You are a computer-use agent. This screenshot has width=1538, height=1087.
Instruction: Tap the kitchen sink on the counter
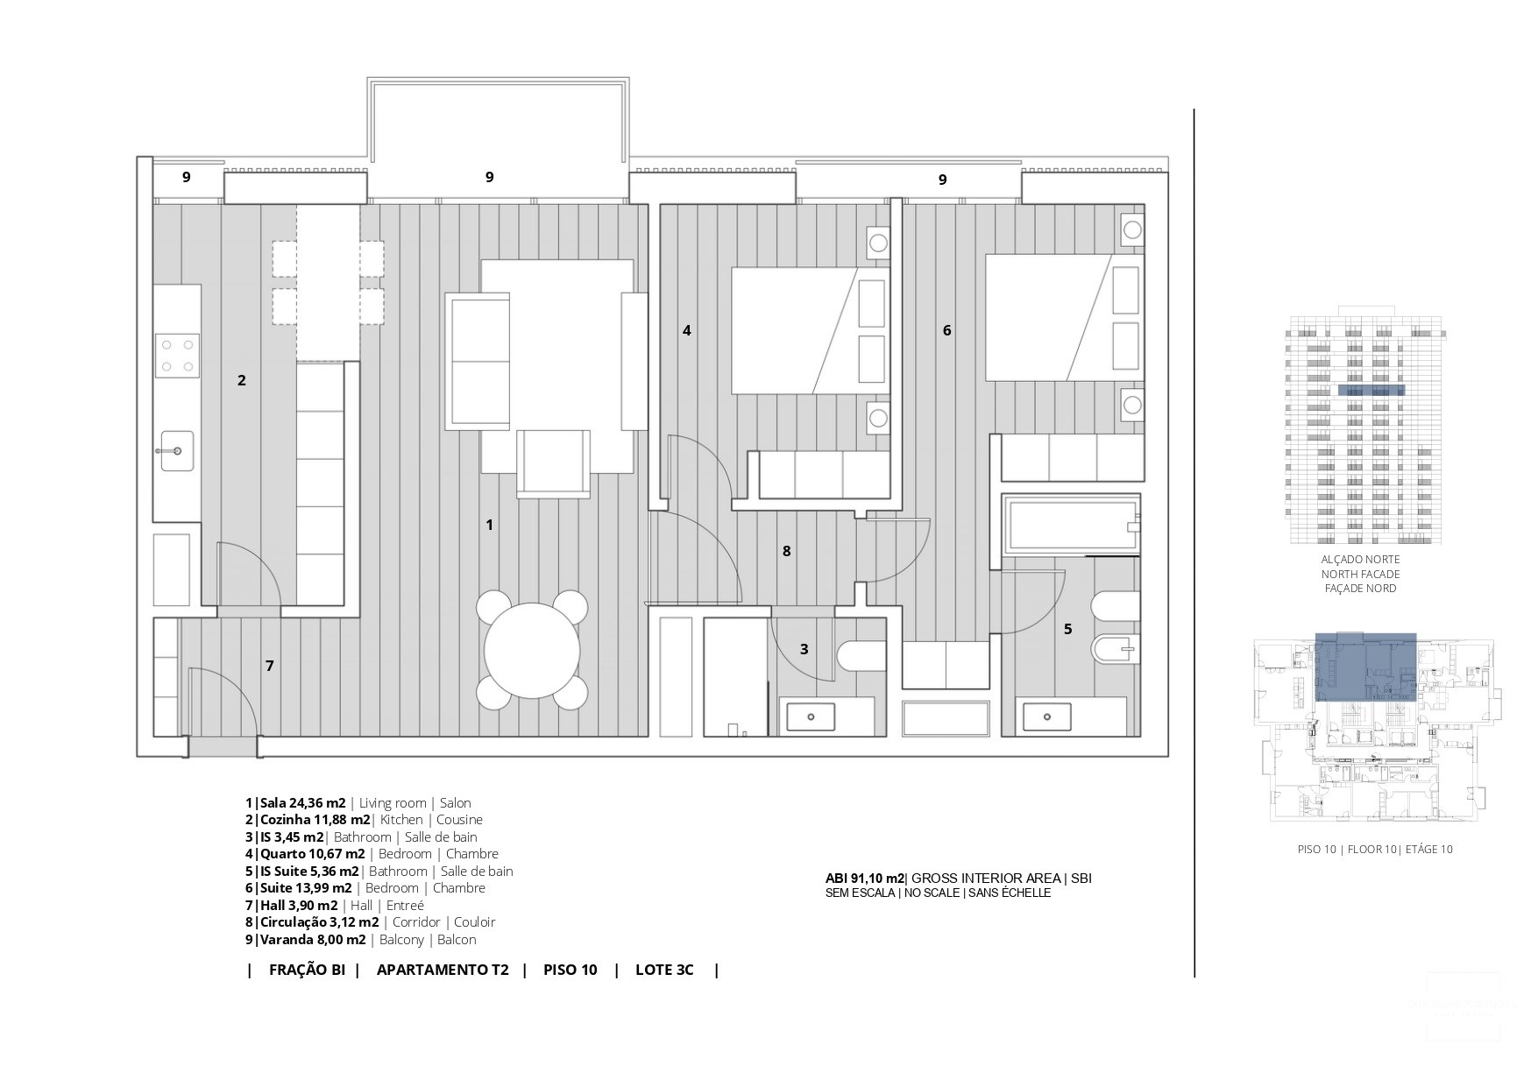(x=178, y=450)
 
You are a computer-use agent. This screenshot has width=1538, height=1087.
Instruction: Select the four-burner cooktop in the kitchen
(x=177, y=356)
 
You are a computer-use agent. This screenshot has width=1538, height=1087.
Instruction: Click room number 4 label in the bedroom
(x=687, y=331)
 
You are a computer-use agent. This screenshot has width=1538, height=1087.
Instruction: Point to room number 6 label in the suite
(x=946, y=331)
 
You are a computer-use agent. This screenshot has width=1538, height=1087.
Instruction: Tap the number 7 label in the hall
(x=270, y=666)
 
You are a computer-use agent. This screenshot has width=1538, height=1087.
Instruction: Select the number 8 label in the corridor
(x=787, y=551)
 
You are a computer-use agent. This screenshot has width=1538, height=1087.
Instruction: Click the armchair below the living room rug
(x=554, y=462)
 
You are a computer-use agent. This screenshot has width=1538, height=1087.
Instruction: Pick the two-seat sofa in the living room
(x=478, y=361)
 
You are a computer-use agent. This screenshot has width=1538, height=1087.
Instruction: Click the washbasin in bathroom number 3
(x=811, y=716)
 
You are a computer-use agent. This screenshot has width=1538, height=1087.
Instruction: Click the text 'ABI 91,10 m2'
(x=864, y=879)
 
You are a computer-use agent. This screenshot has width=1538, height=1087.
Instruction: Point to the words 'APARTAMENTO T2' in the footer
(x=443, y=970)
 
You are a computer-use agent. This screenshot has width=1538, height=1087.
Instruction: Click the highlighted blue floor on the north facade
(x=1371, y=391)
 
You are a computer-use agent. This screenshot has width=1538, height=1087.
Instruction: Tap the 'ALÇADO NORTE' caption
(x=1360, y=560)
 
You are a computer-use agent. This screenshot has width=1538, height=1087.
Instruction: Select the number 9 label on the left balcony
(x=186, y=177)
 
